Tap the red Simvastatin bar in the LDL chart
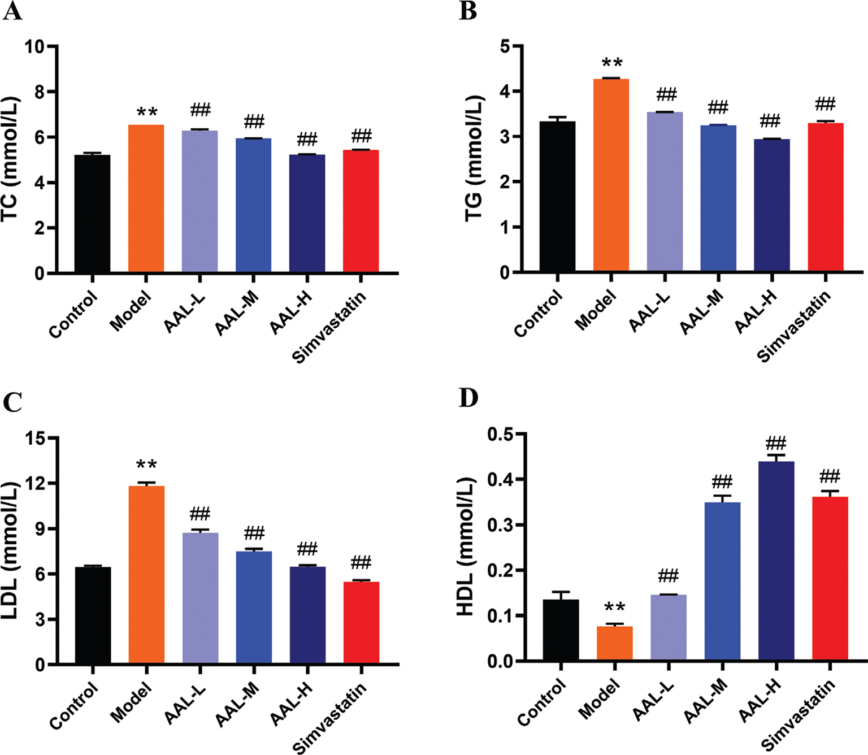(x=361, y=622)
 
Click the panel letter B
(x=468, y=11)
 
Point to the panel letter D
(x=468, y=398)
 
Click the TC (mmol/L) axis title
(x=11, y=159)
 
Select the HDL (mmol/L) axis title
(x=467, y=546)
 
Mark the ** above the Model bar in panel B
(x=612, y=63)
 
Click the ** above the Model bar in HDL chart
(x=614, y=608)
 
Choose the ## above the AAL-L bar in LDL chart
(x=200, y=514)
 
